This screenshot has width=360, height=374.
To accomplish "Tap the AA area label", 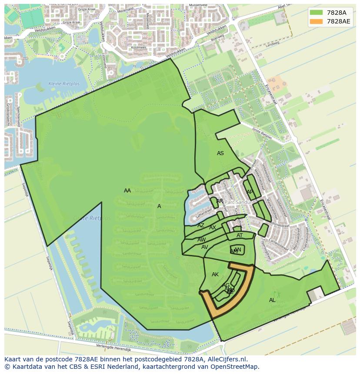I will click(x=127, y=191).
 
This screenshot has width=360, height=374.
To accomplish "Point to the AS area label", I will click(x=220, y=153).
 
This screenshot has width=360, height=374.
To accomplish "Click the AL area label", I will click(x=272, y=300).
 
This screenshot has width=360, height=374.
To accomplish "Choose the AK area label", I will click(x=215, y=275).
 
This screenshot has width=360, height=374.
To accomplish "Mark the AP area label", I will click(x=250, y=192).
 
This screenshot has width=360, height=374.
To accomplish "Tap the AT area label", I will click(x=240, y=236).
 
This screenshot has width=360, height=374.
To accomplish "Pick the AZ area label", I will click(x=200, y=225).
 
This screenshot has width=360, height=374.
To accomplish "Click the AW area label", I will click(x=202, y=240).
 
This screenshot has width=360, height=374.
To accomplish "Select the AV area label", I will click(x=205, y=247).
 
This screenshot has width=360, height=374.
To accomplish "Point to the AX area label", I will click(x=213, y=228).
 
